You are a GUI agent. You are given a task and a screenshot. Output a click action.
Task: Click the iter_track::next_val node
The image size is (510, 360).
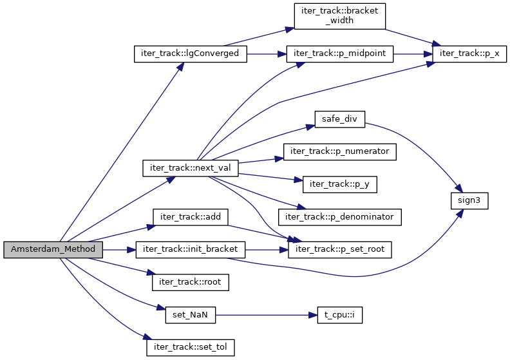[191, 168]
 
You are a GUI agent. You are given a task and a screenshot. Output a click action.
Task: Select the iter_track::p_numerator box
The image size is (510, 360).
[340, 151]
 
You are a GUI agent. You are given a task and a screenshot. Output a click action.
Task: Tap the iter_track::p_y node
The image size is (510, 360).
[340, 184]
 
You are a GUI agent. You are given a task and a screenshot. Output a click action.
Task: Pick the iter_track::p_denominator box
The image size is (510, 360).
[340, 216]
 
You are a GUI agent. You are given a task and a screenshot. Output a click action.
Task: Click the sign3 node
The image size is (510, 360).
[469, 200]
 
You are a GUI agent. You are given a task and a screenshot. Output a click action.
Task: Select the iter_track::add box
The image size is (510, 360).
[191, 216]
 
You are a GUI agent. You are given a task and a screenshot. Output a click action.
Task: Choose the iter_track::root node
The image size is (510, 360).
[191, 282]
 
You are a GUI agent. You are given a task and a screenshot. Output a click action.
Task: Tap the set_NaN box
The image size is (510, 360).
[191, 315]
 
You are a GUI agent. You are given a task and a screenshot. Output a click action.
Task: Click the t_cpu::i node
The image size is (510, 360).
[340, 315]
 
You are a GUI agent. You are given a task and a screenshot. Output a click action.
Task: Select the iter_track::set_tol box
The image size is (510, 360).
[191, 348]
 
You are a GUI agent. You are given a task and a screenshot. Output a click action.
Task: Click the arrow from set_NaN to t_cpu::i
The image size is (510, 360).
[267, 315]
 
